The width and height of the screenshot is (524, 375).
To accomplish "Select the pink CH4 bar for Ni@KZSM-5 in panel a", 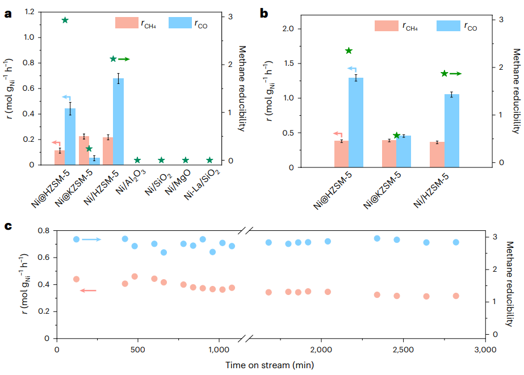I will pos(83,150).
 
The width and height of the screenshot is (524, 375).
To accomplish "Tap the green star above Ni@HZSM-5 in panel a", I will pos(65,20).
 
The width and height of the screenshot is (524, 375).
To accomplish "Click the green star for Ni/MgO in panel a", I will pos(186,161).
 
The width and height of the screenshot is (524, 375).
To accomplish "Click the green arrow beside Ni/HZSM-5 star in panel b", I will pos(455,73).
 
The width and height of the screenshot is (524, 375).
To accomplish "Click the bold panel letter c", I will pos(9,226).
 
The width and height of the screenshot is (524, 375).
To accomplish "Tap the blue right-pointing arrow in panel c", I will pos(91,239).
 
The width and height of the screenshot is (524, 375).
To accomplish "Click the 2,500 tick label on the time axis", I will pos(402,350).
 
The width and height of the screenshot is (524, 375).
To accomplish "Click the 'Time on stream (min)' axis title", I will pos(270,365).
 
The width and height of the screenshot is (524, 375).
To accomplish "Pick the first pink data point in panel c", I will pos(76,279).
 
